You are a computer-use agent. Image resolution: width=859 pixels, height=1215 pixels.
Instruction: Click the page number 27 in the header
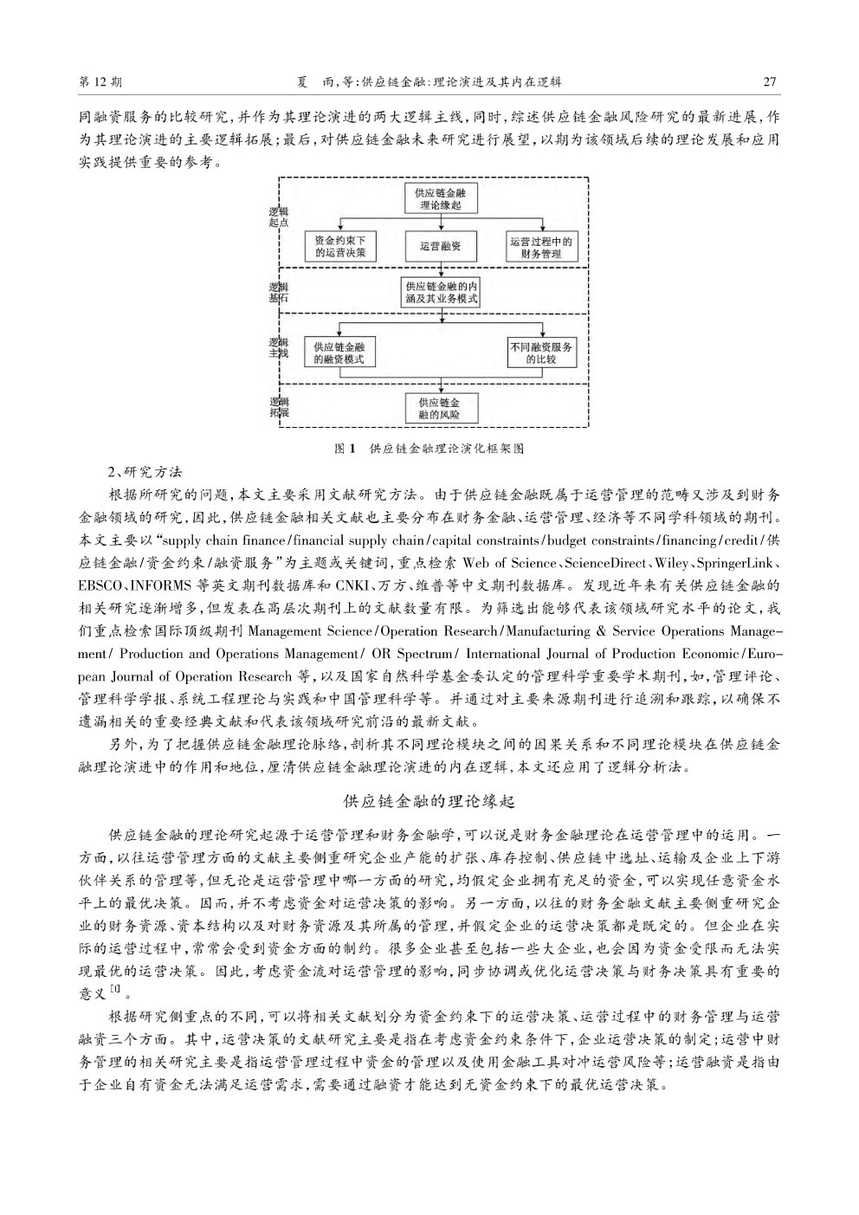coord(770,82)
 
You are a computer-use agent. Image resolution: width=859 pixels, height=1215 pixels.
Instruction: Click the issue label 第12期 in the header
coord(100,82)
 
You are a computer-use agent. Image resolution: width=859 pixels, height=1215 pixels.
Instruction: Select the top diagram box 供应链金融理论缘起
coord(441,199)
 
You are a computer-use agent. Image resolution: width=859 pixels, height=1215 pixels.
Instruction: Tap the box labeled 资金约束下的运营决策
coord(340,247)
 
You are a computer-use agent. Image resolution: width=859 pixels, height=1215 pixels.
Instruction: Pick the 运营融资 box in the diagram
coord(441,247)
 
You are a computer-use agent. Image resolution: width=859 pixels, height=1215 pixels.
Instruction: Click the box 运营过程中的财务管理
coord(541,247)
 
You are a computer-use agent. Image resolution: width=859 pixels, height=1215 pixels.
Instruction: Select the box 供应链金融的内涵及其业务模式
coord(442,293)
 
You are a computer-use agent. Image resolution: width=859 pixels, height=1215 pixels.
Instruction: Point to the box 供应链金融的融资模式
coord(339,352)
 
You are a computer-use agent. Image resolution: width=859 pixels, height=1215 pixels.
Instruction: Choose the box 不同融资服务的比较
coord(541,352)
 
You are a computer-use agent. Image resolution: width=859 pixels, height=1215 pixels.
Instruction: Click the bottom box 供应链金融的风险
coord(440,409)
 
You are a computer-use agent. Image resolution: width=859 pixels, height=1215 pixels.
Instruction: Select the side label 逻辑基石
coord(279,293)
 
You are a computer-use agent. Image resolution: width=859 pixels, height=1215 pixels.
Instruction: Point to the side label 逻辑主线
coord(279,347)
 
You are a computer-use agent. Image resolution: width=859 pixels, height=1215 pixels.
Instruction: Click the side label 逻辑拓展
coord(280,407)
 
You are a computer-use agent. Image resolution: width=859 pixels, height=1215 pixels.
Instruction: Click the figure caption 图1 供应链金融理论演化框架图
coord(429,449)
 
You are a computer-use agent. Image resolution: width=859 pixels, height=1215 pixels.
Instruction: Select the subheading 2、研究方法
coord(145,473)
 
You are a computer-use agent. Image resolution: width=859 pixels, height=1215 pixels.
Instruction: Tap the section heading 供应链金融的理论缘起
coord(429,802)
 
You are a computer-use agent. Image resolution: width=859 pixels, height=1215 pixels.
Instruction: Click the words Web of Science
coord(509,563)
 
